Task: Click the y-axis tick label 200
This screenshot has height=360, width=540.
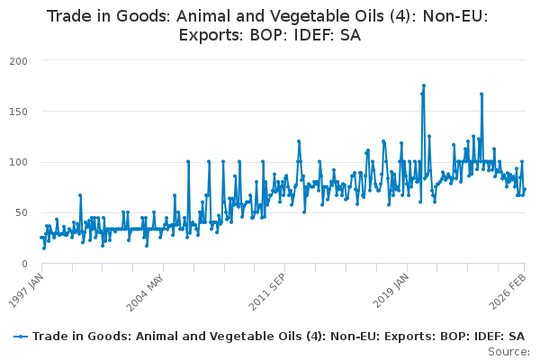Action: tap(15, 60)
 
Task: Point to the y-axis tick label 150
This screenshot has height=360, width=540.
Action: tap(15, 112)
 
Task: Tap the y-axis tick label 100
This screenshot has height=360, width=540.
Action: tap(15, 162)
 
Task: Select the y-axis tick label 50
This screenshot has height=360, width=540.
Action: tap(18, 213)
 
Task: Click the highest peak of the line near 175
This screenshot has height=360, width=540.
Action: tap(423, 86)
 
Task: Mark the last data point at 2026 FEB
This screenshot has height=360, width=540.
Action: tap(525, 189)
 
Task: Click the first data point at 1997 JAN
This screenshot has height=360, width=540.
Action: tap(40, 237)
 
